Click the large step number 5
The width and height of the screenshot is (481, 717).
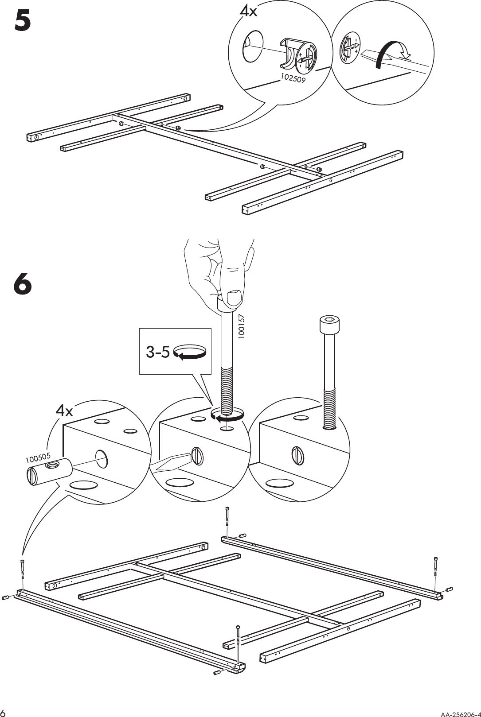point(23,20)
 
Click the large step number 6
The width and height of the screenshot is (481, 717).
point(23,284)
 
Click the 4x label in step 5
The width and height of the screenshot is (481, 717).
point(248,11)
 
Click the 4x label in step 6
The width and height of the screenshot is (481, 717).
point(64,411)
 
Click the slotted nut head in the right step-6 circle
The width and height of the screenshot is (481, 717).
point(297,455)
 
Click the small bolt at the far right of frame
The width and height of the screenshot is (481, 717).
point(449,589)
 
